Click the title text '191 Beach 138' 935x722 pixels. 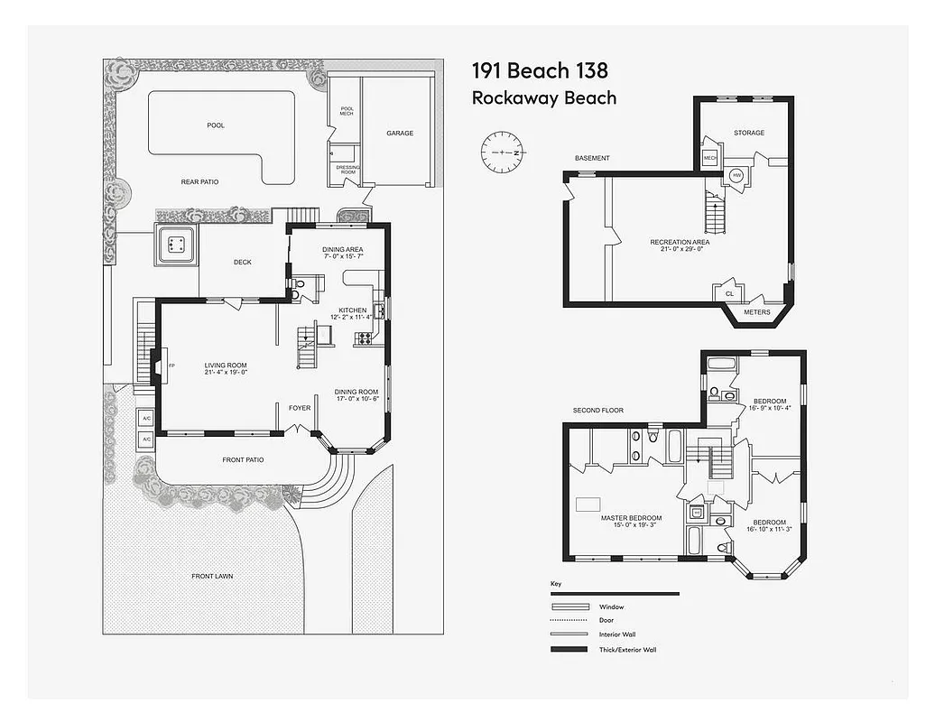[540, 70]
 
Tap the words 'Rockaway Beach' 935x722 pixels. [544, 97]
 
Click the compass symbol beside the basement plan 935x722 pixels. [502, 153]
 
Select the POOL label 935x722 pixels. [216, 125]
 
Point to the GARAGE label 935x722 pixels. [400, 133]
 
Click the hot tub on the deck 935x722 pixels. [176, 244]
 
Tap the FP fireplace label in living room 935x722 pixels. [171, 366]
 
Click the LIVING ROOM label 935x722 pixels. [226, 366]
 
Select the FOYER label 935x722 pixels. [300, 408]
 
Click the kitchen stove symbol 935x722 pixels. [366, 338]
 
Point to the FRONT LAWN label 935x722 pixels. [213, 576]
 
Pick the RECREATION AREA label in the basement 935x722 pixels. [680, 242]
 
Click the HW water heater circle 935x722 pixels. [736, 176]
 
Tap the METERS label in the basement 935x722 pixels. [756, 312]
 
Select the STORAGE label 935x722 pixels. [748, 133]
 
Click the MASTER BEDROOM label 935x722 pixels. [631, 518]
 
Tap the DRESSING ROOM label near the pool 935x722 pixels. [347, 169]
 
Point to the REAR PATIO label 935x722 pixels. [199, 181]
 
